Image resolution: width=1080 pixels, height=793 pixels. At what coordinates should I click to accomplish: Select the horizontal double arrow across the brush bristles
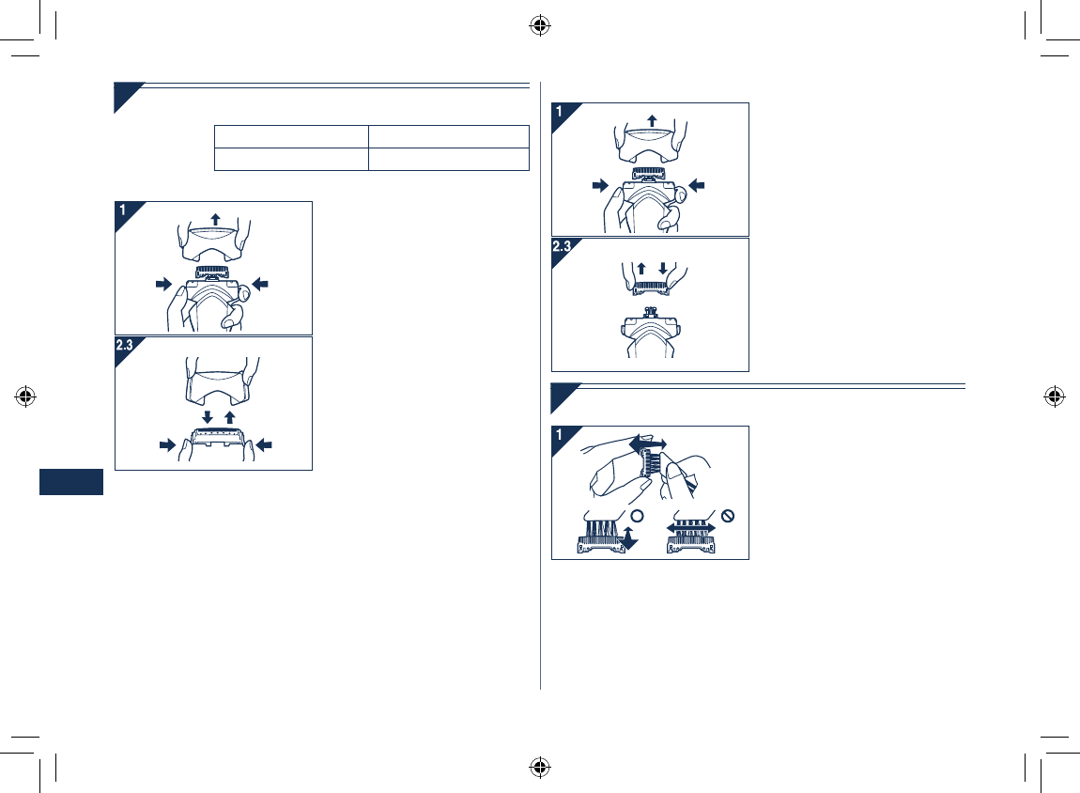(x=691, y=529)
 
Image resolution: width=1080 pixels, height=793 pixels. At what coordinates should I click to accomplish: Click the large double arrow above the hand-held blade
(x=648, y=443)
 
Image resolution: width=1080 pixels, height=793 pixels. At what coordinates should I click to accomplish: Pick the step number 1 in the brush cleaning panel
(x=561, y=435)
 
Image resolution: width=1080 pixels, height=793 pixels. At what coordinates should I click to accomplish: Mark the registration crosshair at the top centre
(x=539, y=25)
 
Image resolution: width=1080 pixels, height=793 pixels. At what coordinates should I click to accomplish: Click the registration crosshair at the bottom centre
(x=539, y=767)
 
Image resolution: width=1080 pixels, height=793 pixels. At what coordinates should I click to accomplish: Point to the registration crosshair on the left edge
(x=25, y=396)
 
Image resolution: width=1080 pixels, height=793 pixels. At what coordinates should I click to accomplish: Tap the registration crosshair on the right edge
(x=1054, y=396)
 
